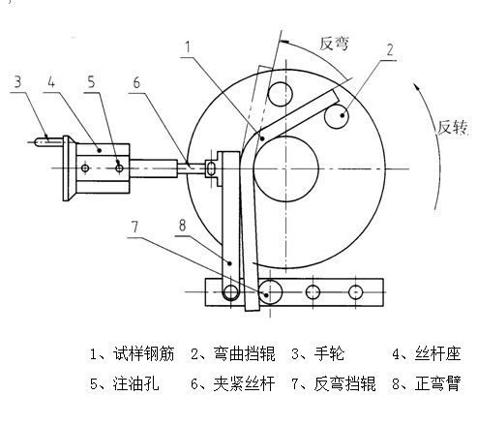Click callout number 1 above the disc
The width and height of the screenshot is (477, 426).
click(188, 47)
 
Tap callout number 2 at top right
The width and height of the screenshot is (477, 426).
click(390, 50)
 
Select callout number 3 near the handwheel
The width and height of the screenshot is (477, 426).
click(17, 81)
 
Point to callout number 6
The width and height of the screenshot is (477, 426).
click(136, 83)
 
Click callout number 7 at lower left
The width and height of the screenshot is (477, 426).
click(134, 227)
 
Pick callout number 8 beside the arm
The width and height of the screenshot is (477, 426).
click(183, 225)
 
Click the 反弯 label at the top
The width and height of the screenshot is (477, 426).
click(334, 44)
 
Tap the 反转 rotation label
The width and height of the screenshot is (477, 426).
click(452, 127)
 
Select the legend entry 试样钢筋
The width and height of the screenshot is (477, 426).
click(144, 354)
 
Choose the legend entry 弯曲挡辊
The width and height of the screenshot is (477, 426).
click(245, 354)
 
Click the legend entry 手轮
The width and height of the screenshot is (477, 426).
click(330, 354)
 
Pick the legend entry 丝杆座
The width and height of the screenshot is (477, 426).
click(438, 354)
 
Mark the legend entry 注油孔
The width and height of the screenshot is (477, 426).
click(136, 383)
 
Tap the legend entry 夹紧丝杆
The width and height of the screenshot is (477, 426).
click(245, 383)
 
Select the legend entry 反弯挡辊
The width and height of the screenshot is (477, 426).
click(345, 383)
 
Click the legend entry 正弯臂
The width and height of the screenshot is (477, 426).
click(438, 383)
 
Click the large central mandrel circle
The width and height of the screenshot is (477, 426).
click(285, 136)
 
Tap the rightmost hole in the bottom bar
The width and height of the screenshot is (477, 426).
click(356, 292)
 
